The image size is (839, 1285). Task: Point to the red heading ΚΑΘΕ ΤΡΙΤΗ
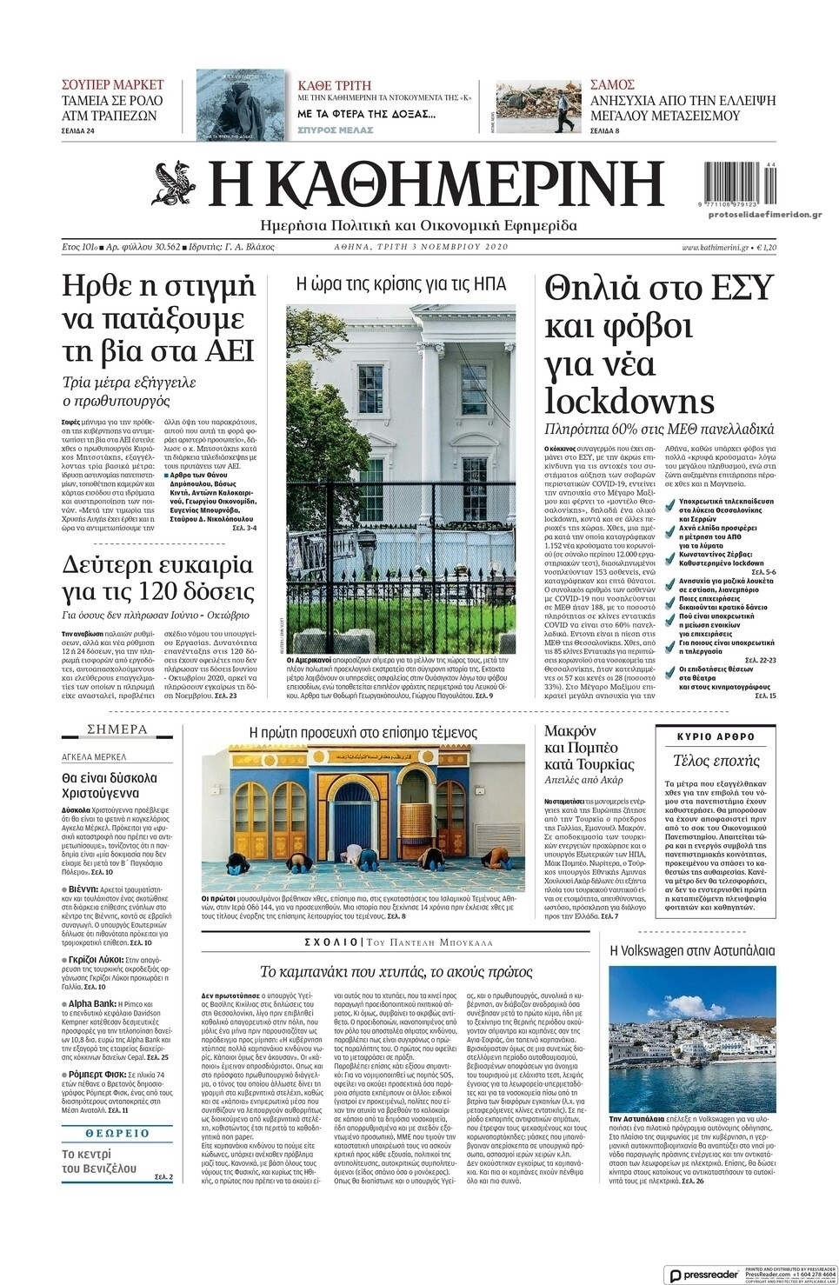[x=334, y=85]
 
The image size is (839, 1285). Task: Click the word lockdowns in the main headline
[x=629, y=400]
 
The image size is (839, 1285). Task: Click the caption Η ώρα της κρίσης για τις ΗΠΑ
[x=401, y=283]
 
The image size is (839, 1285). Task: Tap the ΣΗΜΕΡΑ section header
[x=117, y=729]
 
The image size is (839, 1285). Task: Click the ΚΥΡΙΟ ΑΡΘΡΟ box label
[x=715, y=736]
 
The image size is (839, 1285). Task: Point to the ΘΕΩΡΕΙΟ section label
[x=117, y=1134]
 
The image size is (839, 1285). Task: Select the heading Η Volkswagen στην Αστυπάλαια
[x=691, y=950]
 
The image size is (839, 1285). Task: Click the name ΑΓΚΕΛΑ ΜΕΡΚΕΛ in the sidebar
[x=94, y=756]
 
